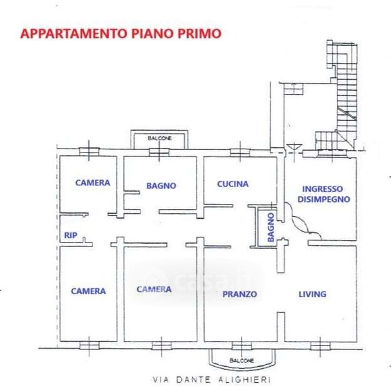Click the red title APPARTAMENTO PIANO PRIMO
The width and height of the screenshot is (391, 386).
click(x=121, y=33)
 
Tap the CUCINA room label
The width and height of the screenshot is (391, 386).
click(x=233, y=184)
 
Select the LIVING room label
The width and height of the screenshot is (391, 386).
click(x=312, y=294)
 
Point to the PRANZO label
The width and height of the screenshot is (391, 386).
click(x=240, y=294)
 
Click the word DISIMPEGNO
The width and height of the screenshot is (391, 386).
click(x=323, y=199)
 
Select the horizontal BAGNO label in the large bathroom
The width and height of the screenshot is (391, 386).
click(x=161, y=186)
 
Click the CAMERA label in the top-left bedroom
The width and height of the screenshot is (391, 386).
click(x=93, y=183)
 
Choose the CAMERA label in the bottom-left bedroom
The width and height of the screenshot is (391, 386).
click(x=88, y=291)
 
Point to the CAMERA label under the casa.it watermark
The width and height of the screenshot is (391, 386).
click(x=154, y=289)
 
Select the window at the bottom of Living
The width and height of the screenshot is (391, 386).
click(x=318, y=346)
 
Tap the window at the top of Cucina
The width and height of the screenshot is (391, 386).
click(x=240, y=152)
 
